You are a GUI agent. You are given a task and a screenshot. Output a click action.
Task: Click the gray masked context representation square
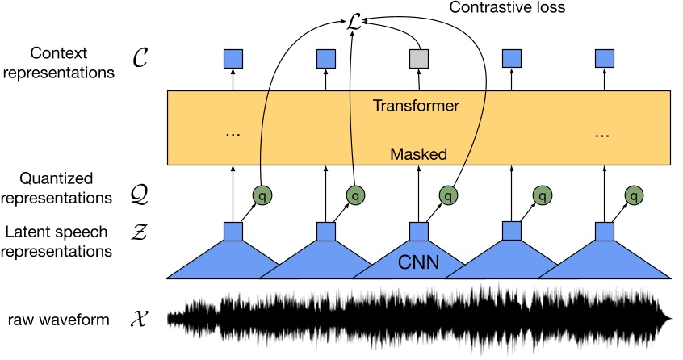tap(419, 58)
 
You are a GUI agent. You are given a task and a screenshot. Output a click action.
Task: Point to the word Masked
tap(418, 152)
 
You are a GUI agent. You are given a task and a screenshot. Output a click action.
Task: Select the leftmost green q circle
tap(260, 195)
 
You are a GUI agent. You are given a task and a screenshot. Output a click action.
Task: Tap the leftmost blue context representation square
tap(233, 58)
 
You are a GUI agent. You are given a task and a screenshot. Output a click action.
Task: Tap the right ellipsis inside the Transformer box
tap(604, 136)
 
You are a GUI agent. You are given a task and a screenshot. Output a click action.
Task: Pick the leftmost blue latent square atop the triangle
tap(233, 232)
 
